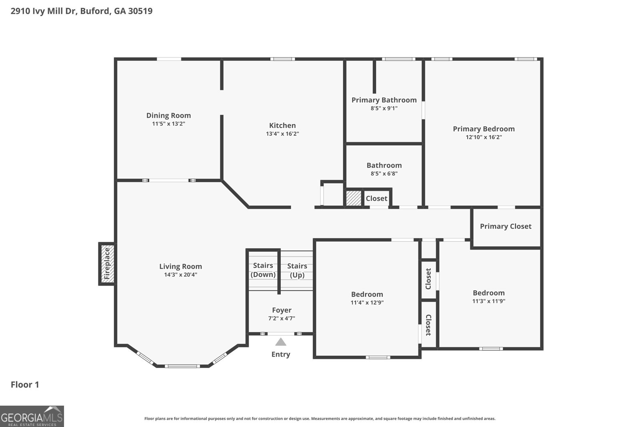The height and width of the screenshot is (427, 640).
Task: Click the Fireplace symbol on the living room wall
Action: pos(107,264)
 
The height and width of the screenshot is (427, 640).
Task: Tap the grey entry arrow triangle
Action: pos(281,342)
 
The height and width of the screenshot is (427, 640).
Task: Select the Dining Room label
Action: pos(168,116)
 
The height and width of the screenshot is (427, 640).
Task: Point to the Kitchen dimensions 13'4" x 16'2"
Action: pos(282,134)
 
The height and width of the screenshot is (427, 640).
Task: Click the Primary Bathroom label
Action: pos(384,100)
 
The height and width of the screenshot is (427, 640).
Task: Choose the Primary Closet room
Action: pos(506,227)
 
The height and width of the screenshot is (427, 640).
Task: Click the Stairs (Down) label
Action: pos(263,270)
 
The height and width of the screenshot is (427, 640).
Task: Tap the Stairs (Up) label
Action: pos(297,270)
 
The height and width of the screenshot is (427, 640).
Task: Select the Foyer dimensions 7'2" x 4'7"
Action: pos(282,319)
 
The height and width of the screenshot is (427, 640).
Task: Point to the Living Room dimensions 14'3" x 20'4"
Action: pos(180,275)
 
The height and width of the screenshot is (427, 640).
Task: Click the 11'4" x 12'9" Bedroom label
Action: pos(367,295)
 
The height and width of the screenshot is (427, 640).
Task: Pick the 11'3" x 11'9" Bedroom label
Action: pos(488,293)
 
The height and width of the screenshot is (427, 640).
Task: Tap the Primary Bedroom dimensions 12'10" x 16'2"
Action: pos(484,137)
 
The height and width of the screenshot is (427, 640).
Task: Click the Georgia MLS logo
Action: pos(32,416)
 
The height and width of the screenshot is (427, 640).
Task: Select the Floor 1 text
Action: pos(25,385)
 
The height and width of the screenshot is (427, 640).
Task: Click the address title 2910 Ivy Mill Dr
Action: pos(82,11)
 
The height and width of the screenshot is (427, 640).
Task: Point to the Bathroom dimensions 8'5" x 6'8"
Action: pos(384,174)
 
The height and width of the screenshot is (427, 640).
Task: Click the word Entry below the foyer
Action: pos(281,354)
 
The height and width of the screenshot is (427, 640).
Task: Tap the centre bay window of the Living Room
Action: pos(182,366)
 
